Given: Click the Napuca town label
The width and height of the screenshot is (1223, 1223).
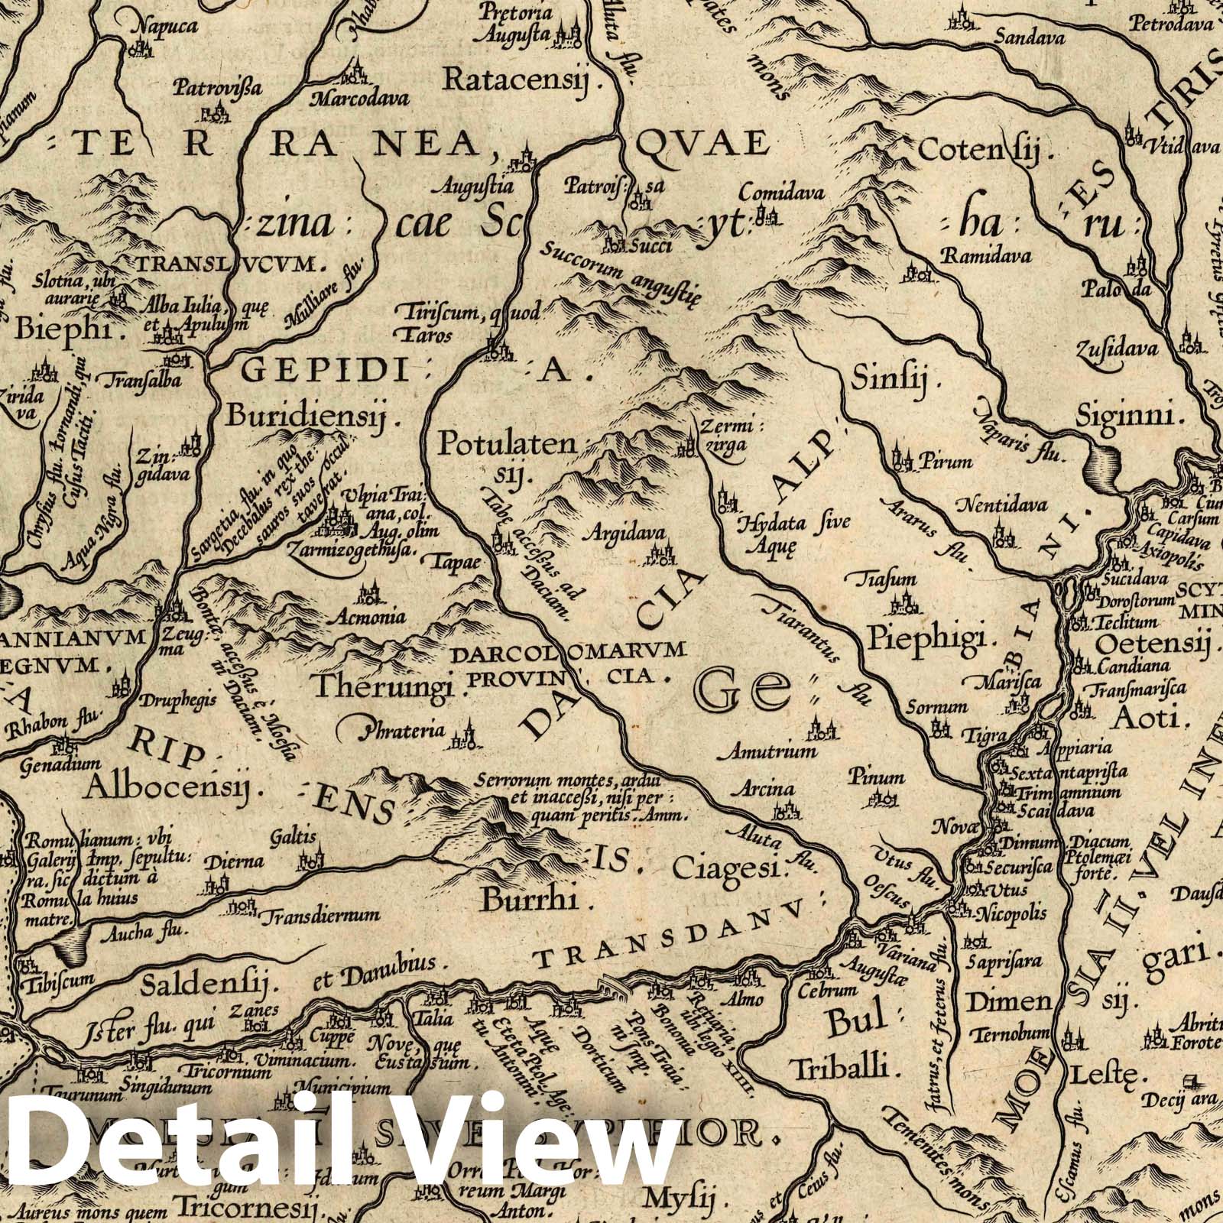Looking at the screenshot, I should (x=165, y=26).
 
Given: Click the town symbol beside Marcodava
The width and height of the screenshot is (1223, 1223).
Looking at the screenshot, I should (x=353, y=75).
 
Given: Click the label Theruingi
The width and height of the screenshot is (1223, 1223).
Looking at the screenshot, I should (x=391, y=683).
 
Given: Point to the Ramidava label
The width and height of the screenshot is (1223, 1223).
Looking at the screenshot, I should (x=986, y=255).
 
